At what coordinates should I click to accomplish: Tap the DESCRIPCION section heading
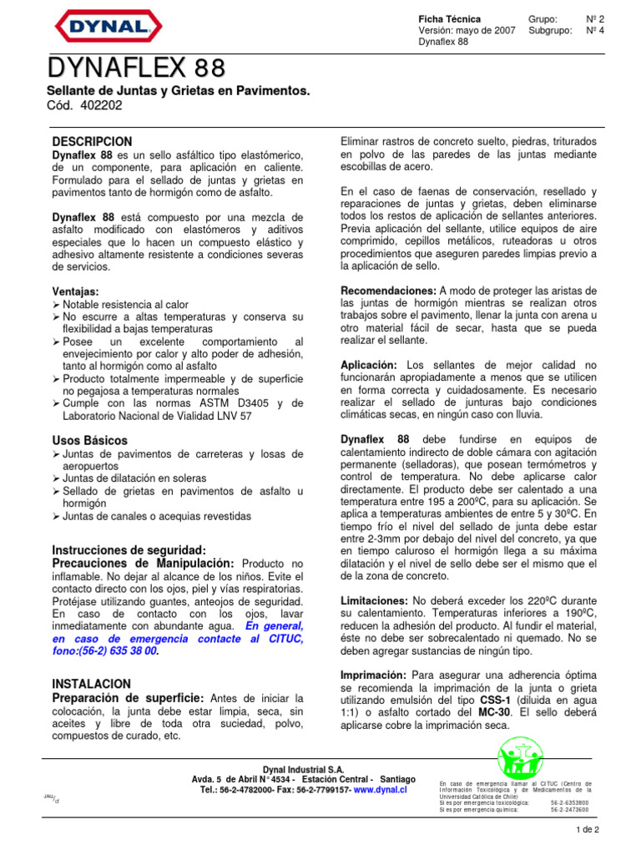[x=92, y=142]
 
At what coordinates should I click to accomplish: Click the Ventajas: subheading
[x=75, y=292]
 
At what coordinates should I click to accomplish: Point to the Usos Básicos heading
[x=90, y=439]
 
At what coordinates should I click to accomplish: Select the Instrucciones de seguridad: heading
[x=129, y=550]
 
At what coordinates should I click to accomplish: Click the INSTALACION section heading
[x=91, y=683]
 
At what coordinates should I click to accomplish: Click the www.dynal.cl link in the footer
[x=380, y=789]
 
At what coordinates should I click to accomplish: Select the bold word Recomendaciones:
[x=388, y=290]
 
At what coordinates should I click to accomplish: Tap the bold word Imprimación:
[x=374, y=674]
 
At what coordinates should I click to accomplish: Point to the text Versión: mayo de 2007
[x=467, y=30]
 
